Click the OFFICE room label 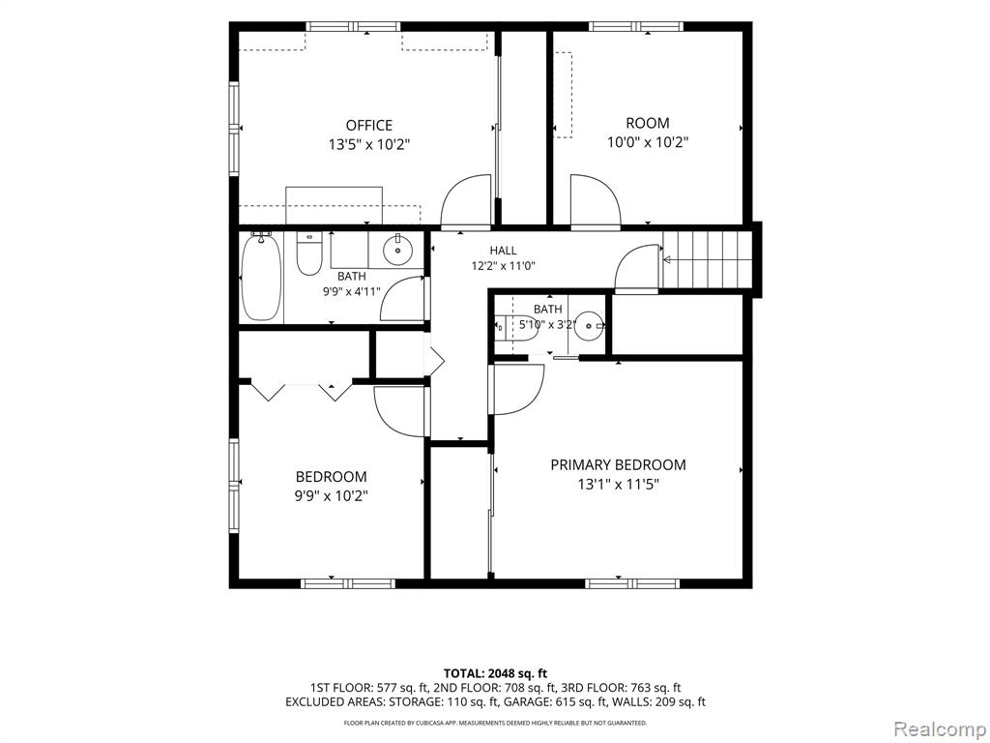click(368, 125)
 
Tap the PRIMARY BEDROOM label click(618, 465)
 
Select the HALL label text click(503, 251)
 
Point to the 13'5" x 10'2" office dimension click(369, 145)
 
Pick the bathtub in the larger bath click(261, 277)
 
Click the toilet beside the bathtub click(309, 254)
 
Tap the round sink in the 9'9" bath click(397, 250)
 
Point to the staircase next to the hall click(708, 259)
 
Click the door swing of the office click(466, 201)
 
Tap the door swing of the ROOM click(596, 201)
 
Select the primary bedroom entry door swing click(516, 390)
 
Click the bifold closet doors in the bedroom click(302, 389)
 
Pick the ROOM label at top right click(647, 123)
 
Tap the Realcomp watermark click(940, 728)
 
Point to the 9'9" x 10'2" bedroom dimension click(332, 496)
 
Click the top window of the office click(354, 26)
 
